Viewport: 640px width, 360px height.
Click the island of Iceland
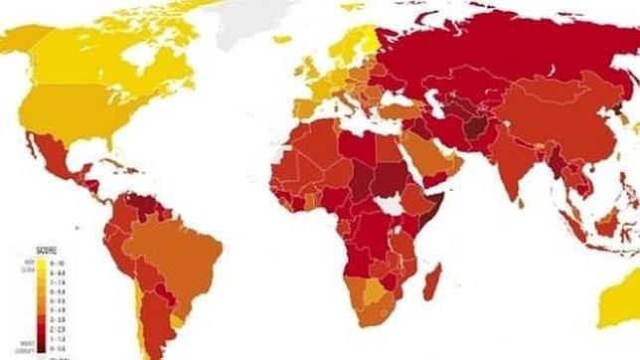tap(282, 40)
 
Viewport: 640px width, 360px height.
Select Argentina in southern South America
tap(159, 318)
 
